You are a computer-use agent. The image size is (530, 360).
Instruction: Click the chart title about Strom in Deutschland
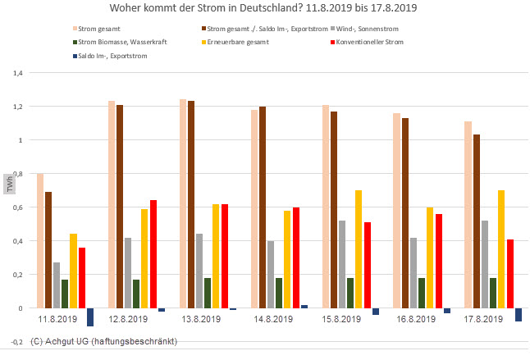point(265,9)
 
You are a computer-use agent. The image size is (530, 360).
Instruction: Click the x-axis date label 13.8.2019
point(200,318)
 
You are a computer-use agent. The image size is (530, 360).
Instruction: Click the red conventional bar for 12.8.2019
point(153,254)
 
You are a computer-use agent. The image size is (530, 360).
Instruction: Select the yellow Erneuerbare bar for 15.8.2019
point(359,249)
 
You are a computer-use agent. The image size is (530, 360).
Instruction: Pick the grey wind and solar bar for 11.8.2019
point(57,285)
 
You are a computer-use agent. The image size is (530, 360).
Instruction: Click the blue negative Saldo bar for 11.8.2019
point(90,317)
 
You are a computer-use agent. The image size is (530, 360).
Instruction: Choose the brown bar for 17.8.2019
point(477,221)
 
